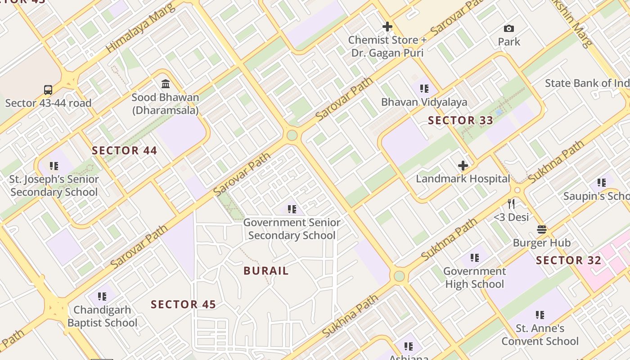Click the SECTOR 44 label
125,151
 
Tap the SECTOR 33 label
460,121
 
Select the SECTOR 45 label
183,305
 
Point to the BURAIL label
266,271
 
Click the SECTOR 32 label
568,261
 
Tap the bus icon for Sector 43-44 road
48,90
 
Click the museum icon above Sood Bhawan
165,84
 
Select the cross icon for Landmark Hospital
463,166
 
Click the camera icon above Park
509,29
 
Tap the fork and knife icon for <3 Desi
511,204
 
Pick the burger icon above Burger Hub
542,229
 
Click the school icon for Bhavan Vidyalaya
424,89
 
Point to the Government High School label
475,278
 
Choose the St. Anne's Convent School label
540,335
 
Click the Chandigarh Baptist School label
102,316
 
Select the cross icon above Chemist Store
387,27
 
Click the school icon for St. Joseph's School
54,166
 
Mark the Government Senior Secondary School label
292,229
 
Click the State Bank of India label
587,83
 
